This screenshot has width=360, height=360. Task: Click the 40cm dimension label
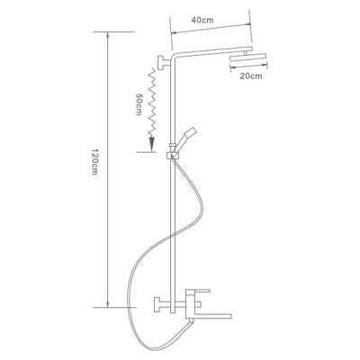tap(202, 21)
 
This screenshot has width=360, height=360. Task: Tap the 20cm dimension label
tap(251, 76)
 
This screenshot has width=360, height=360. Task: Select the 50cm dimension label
tap(139, 104)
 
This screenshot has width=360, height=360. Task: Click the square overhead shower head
tap(249, 58)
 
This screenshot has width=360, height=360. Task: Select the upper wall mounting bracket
tap(164, 63)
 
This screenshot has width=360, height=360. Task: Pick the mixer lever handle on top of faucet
tap(197, 292)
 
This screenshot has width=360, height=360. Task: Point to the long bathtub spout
tap(209, 316)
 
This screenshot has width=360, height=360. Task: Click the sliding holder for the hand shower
tap(172, 155)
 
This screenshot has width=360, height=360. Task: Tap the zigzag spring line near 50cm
tap(152, 102)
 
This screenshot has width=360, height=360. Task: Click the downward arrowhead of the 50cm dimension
tap(152, 143)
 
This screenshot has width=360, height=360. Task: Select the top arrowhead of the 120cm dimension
tap(108, 35)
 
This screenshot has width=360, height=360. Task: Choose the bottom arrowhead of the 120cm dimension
tap(108, 303)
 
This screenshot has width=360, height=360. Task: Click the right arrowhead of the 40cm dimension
tap(247, 24)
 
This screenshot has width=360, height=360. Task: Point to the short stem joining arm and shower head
tap(246, 53)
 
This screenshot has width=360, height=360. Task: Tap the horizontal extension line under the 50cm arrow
tap(146, 152)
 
